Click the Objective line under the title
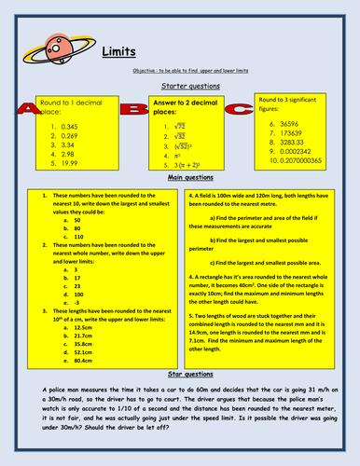click(180, 72)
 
